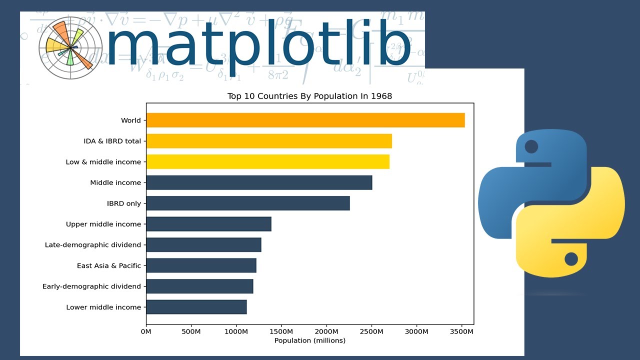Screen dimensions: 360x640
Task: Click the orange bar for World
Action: (x=305, y=120)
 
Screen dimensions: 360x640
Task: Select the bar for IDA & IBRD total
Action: (x=269, y=141)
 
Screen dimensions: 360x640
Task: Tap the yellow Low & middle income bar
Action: (x=267, y=162)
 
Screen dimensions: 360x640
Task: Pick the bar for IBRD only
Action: (x=248, y=203)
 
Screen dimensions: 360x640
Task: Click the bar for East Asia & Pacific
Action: (x=201, y=265)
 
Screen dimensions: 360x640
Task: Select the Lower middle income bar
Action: (x=196, y=307)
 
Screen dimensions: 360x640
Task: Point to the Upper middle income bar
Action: (x=208, y=224)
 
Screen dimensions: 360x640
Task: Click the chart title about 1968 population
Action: (x=309, y=96)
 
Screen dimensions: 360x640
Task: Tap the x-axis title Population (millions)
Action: (x=309, y=340)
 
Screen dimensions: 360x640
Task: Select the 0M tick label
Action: (x=146, y=331)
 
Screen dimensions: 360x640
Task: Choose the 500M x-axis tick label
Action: (x=191, y=331)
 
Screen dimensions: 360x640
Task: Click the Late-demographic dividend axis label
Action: (x=92, y=245)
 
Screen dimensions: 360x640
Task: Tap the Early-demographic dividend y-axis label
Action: (x=91, y=286)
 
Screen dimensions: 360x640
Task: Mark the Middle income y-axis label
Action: (x=115, y=183)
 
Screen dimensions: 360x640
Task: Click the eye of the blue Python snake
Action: (x=531, y=146)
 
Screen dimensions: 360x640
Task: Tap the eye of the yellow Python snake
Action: (x=571, y=259)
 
